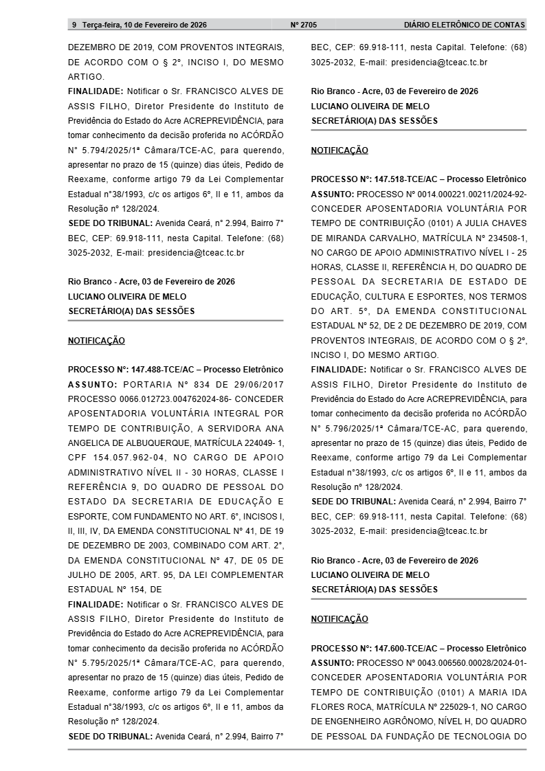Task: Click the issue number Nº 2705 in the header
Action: click(x=304, y=25)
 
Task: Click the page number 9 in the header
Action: click(x=74, y=25)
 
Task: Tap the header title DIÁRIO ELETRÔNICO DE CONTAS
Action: click(x=465, y=25)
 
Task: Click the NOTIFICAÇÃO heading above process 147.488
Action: click(x=96, y=341)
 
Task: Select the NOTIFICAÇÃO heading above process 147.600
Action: click(x=340, y=619)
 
